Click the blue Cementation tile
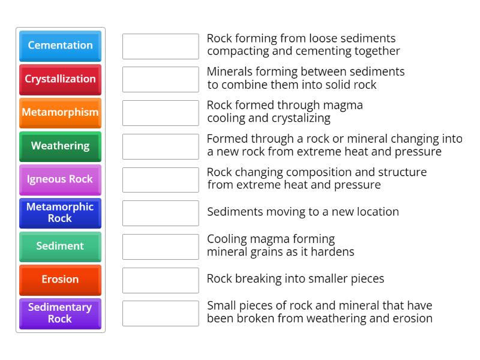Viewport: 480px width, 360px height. click(60, 46)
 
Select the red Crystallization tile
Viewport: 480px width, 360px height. click(60, 79)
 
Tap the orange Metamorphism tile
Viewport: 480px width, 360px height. click(60, 113)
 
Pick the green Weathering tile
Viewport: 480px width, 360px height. click(60, 146)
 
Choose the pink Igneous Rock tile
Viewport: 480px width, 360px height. click(60, 179)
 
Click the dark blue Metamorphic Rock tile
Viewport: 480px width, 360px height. click(60, 213)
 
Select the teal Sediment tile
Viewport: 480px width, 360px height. click(60, 247)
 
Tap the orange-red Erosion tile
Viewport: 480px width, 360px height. click(60, 280)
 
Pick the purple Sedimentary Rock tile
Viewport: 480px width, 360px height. click(60, 313)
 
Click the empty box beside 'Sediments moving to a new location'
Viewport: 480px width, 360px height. click(160, 213)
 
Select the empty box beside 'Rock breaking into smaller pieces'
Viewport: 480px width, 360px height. click(160, 280)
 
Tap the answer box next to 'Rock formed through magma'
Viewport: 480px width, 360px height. click(160, 113)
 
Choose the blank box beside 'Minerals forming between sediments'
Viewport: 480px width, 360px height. click(160, 79)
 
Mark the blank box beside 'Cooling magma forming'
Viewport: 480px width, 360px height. click(160, 247)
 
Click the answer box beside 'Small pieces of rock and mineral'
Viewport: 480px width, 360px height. click(160, 313)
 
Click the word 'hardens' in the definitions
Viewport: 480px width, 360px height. click(332, 252)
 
